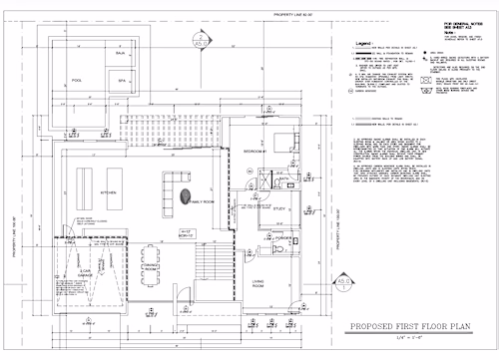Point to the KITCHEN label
point(108,190)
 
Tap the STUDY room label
point(280,208)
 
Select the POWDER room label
point(282,237)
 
